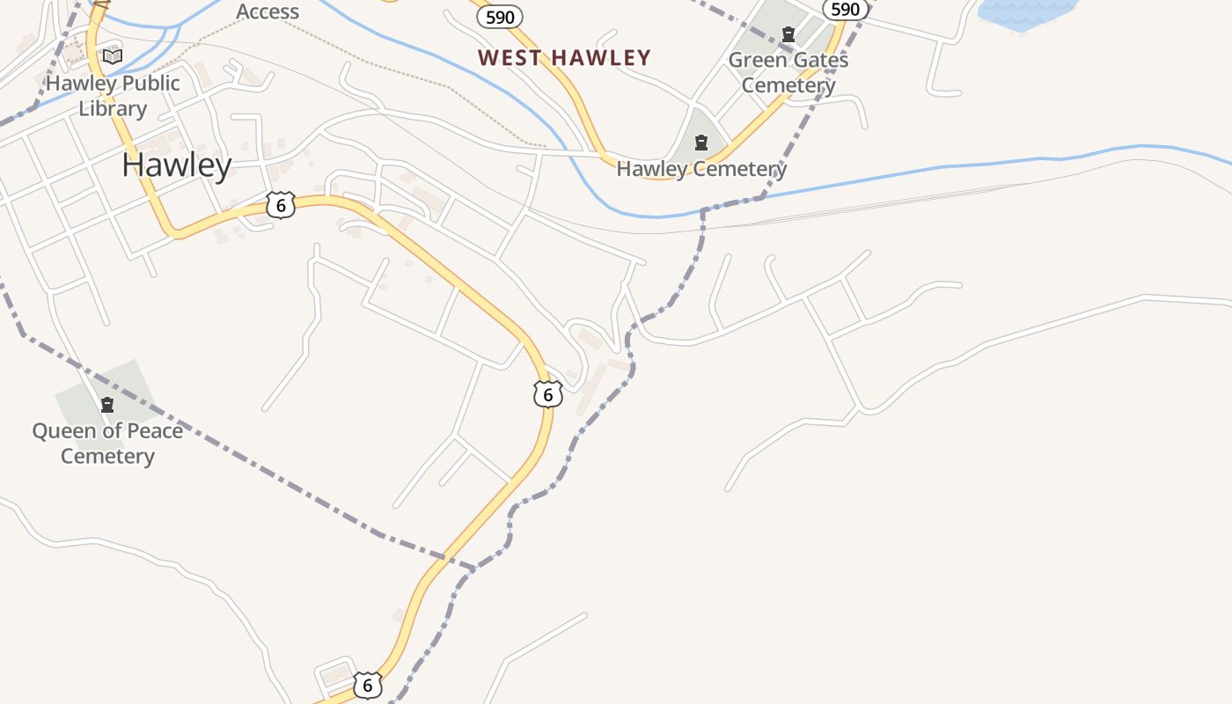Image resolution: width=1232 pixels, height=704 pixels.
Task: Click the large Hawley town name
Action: pyautogui.click(x=177, y=165)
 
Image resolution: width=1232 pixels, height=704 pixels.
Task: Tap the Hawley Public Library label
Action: pyautogui.click(x=113, y=96)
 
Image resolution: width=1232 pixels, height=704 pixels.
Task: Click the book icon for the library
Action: pyautogui.click(x=113, y=56)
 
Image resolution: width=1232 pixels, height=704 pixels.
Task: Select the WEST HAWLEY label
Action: pyautogui.click(x=564, y=58)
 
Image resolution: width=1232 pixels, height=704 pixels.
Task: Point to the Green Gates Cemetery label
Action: pyautogui.click(x=788, y=73)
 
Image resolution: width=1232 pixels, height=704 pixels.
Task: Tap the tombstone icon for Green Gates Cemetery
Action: pyautogui.click(x=788, y=35)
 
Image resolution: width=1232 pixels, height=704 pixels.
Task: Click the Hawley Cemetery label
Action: pyautogui.click(x=701, y=169)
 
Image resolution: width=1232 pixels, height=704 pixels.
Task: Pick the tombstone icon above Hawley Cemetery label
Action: pyautogui.click(x=701, y=142)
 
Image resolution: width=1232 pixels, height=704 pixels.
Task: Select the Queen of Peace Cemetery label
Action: pyautogui.click(x=107, y=443)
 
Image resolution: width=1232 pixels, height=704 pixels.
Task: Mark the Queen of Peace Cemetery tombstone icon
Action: pyautogui.click(x=107, y=405)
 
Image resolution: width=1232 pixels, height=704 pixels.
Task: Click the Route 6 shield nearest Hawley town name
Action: pyautogui.click(x=281, y=206)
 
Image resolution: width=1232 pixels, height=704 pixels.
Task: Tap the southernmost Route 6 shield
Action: pyautogui.click(x=367, y=685)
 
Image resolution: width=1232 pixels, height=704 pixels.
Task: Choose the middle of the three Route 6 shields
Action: pyautogui.click(x=547, y=394)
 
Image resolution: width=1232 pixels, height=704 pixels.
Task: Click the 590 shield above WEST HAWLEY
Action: pyautogui.click(x=500, y=16)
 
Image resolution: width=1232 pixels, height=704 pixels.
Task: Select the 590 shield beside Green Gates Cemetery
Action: pyautogui.click(x=845, y=9)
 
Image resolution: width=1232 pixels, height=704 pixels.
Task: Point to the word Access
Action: pyautogui.click(x=268, y=11)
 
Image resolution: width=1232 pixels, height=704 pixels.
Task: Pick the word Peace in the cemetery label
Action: pyautogui.click(x=129, y=431)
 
